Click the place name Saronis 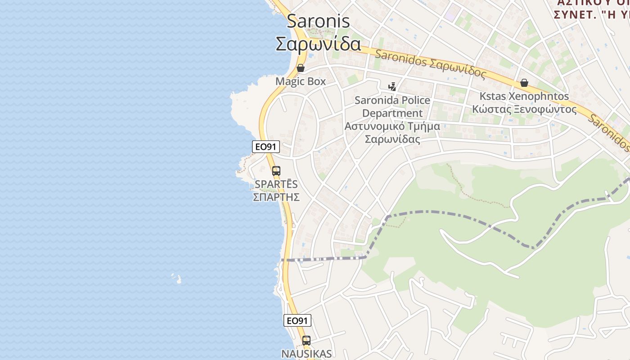point(318,21)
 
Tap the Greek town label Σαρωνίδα point(318,44)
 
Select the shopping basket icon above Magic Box point(301,68)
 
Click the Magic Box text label point(301,81)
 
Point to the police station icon point(392,86)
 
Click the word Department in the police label point(392,113)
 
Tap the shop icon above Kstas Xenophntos point(524,83)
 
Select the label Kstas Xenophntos point(524,96)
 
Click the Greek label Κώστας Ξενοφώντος point(524,109)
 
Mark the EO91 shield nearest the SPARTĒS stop point(266,146)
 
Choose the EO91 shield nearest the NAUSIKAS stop point(297,320)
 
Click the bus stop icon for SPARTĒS point(276,171)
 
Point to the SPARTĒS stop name point(276,184)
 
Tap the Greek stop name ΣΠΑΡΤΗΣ point(276,197)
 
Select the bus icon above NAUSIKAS point(306,340)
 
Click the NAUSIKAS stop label point(306,354)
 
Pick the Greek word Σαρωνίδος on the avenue point(458,68)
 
